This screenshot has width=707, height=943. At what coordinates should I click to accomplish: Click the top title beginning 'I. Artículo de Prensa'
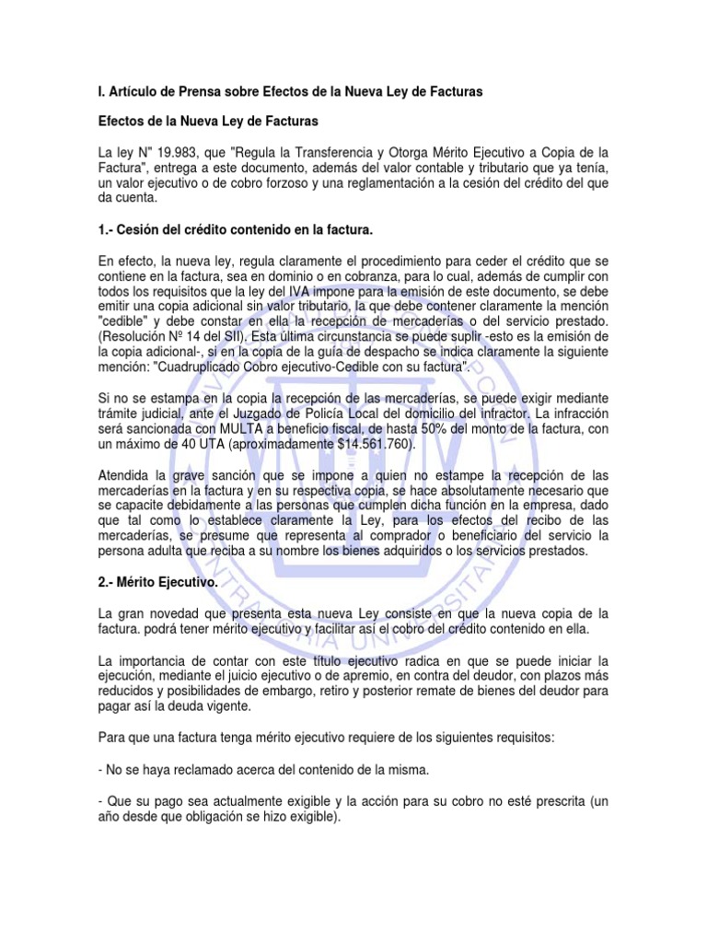coord(289,92)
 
